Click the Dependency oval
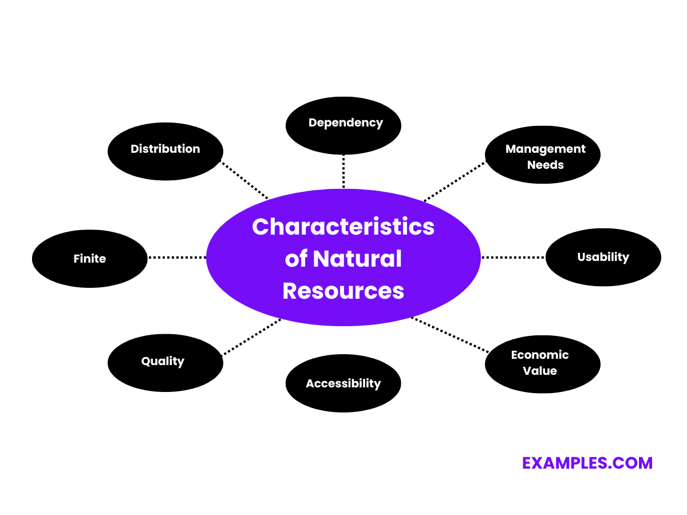(343, 125)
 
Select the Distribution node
(165, 151)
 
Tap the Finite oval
(90, 259)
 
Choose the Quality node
(165, 362)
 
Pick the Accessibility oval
(343, 383)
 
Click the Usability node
(603, 257)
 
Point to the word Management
(545, 149)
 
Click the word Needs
(545, 165)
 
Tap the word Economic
(540, 355)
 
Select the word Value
(540, 371)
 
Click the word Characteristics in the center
(343, 227)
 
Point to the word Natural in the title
(357, 259)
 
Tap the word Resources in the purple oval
(343, 291)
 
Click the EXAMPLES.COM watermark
(587, 463)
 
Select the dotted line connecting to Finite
(177, 257)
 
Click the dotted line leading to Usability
(513, 257)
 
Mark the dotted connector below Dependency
(343, 171)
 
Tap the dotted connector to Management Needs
(455, 181)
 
